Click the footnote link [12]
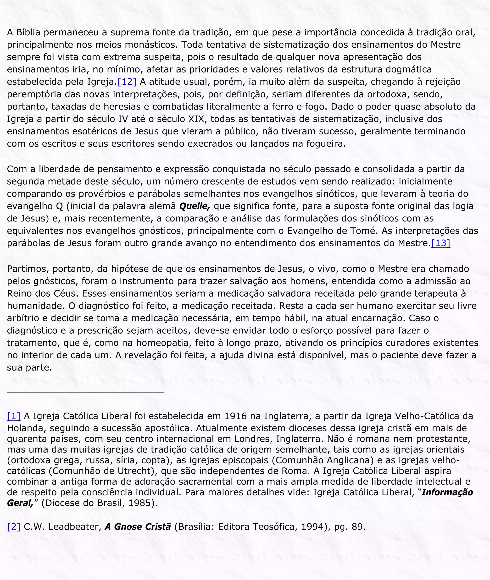(127, 82)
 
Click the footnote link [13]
(440, 243)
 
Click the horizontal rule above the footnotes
(85, 392)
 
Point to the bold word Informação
(447, 492)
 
